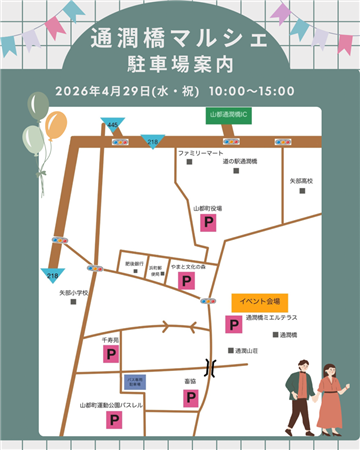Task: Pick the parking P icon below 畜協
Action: pos(190,397)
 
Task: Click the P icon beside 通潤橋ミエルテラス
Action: pos(232,324)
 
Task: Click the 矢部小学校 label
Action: pos(74,293)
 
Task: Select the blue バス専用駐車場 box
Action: pos(136,381)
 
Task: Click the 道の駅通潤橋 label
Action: pos(240,161)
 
